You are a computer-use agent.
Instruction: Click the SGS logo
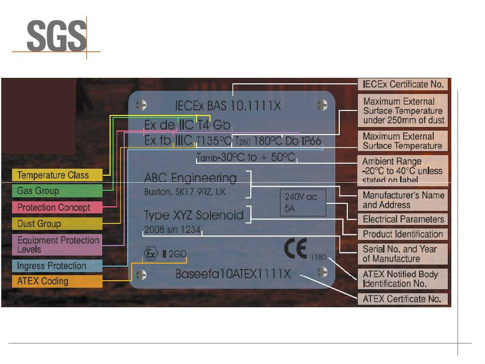tap(56, 36)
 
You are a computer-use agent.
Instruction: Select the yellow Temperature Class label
tap(56, 175)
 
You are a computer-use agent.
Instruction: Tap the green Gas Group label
tap(56, 191)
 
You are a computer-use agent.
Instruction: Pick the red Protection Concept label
tap(56, 207)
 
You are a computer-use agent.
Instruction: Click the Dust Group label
tap(56, 224)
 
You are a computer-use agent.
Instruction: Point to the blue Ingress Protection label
tap(56, 266)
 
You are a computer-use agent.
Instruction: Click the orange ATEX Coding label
tap(56, 281)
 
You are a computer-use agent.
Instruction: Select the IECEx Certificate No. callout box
tap(403, 84)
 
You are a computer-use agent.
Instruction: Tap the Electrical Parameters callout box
tap(403, 219)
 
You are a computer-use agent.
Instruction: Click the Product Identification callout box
tap(403, 234)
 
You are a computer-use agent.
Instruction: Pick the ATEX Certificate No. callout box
tap(403, 299)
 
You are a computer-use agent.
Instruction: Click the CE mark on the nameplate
tap(296, 249)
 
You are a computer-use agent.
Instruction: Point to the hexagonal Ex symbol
tap(150, 254)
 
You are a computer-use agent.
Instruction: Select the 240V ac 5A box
tap(303, 202)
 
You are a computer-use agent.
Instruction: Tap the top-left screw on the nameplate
tap(142, 105)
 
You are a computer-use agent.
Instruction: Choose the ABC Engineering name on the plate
tap(190, 178)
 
